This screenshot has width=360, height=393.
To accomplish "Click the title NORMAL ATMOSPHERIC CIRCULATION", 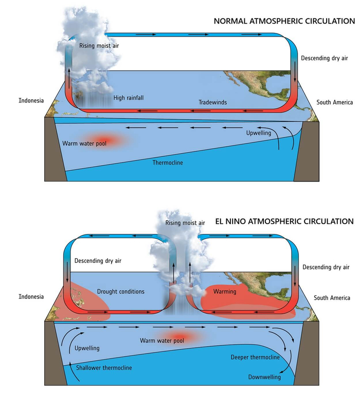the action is click(x=284, y=21).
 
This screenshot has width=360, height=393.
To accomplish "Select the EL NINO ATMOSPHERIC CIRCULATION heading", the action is click(x=284, y=221).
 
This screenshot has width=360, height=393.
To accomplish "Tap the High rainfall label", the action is click(x=129, y=98).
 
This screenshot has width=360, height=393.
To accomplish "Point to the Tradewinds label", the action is click(x=213, y=102).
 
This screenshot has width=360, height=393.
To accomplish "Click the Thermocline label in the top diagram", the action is click(x=168, y=163).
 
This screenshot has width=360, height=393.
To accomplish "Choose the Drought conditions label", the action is click(x=121, y=292).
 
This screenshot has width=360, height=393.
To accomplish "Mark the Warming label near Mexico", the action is click(x=225, y=292).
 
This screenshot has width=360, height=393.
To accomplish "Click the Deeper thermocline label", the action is click(x=255, y=357).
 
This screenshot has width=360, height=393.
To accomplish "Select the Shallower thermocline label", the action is click(x=104, y=368).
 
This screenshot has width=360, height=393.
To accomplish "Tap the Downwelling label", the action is click(x=264, y=377).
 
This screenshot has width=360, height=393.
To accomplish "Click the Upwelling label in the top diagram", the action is click(x=259, y=133).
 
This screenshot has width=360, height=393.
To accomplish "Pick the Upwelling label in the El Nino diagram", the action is click(x=87, y=348).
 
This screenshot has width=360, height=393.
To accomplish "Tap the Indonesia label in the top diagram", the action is click(x=31, y=100).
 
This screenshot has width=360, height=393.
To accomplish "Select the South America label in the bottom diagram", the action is click(x=332, y=298).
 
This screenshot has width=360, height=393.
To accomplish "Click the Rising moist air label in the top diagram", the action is click(x=99, y=46).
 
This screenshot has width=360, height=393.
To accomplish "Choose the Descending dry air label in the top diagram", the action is click(x=325, y=58).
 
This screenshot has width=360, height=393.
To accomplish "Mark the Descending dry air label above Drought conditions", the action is click(x=98, y=261).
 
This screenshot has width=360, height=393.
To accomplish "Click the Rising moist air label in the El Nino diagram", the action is click(x=185, y=223).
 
